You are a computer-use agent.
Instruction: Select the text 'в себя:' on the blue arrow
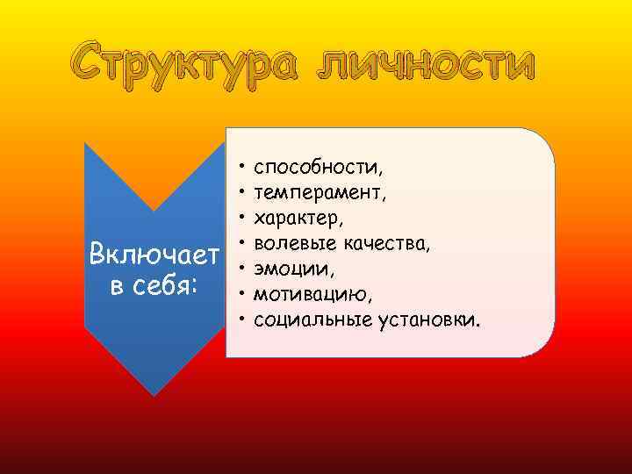[x=154, y=286]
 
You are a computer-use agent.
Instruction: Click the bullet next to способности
[x=240, y=165]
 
